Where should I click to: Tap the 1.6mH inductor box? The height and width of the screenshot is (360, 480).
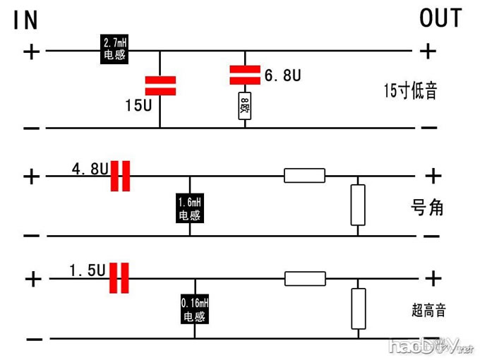[x=189, y=209]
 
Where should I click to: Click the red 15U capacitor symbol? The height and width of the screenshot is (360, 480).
[x=160, y=85]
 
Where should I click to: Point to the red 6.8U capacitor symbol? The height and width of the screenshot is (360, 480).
[x=245, y=73]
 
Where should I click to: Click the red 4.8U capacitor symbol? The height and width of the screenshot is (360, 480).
[x=121, y=176]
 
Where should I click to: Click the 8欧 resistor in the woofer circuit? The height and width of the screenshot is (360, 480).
[x=245, y=106]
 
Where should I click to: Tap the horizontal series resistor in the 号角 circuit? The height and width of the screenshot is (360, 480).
[x=304, y=175]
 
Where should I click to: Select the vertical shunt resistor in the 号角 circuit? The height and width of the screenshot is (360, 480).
[x=359, y=204]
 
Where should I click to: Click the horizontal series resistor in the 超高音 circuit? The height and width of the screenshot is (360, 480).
[x=304, y=278]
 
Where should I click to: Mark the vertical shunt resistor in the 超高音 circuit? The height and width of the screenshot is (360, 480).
[x=359, y=308]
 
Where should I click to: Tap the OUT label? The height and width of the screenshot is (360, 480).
[x=440, y=18]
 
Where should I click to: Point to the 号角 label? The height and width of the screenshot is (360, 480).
[x=427, y=208]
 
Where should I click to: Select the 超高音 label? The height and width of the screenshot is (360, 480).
[x=428, y=309]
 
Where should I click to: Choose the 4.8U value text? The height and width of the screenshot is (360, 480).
[x=90, y=169]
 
